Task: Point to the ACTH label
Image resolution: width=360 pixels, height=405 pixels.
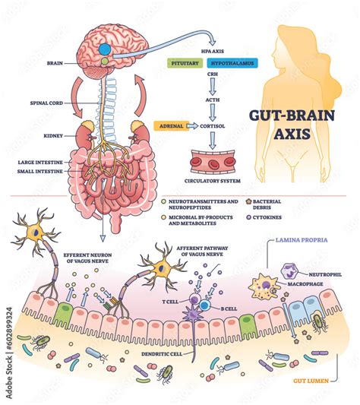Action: point(215,108)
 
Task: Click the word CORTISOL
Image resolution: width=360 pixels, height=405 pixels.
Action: point(215,127)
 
